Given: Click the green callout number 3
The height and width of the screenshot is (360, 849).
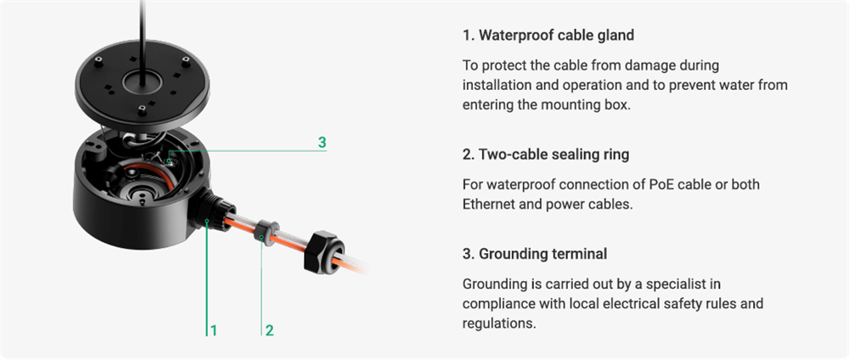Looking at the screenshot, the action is [322, 143].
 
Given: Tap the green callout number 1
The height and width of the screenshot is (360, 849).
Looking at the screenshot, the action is [214, 329].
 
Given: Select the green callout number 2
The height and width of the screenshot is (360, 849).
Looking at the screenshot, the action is [269, 329].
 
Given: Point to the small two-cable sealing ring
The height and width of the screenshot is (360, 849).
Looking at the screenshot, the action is [265, 232].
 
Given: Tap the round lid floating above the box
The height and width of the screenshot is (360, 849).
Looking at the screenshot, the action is [142, 84].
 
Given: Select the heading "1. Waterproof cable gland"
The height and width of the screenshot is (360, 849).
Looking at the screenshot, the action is [548, 36].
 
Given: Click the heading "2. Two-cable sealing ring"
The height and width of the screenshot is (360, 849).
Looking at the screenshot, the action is [546, 155].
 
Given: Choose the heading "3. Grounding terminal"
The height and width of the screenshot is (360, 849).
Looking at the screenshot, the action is [534, 253].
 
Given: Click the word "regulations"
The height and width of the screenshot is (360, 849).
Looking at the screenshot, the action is [498, 323].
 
